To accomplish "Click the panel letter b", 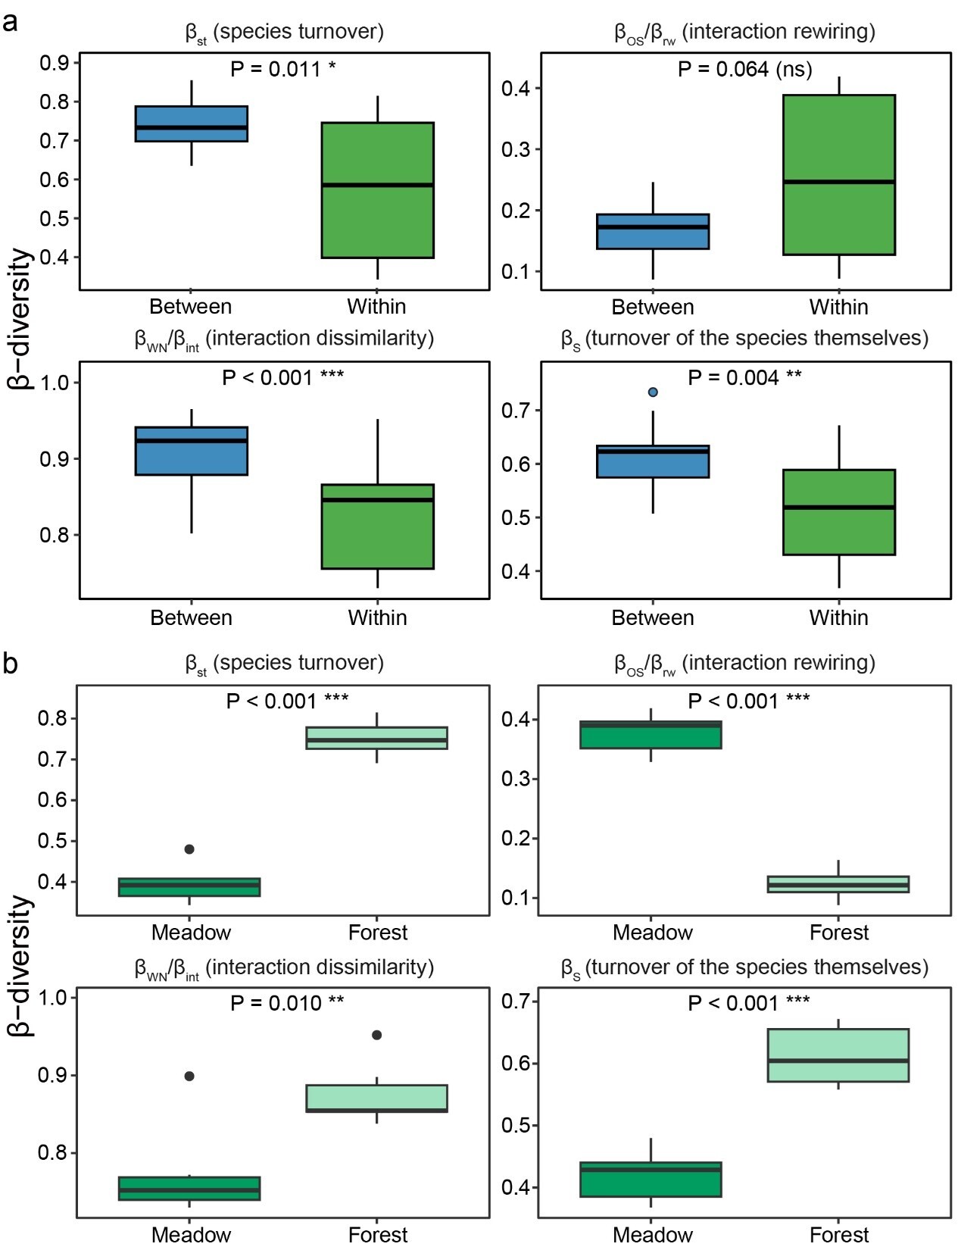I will [x=11, y=664].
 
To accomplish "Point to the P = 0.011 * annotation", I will [x=282, y=70].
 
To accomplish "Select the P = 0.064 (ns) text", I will [x=744, y=70].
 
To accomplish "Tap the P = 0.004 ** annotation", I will [x=744, y=377].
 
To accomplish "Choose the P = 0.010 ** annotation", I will [x=287, y=1003].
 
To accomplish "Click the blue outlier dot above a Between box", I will [x=653, y=392].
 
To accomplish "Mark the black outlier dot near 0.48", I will [x=189, y=849].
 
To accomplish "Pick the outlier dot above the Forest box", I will [x=376, y=1035].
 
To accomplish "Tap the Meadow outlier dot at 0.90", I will [x=189, y=1076].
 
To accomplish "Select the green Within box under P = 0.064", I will [x=839, y=175].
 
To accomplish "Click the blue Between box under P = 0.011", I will [x=192, y=123].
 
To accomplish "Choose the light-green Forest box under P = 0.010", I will [x=376, y=1098].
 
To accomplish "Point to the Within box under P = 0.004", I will [x=839, y=512].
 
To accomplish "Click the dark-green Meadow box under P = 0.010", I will [x=189, y=1189].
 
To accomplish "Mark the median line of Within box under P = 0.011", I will [x=378, y=185].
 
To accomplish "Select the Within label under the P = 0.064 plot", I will [x=838, y=307].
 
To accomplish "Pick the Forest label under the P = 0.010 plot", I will [x=377, y=1235].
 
